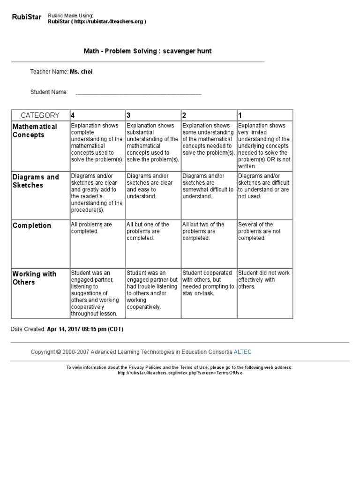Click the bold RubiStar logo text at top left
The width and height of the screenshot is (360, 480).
tap(26, 18)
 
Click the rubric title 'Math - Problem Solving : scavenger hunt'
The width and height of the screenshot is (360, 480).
tap(147, 51)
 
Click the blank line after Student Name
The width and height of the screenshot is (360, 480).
tap(138, 92)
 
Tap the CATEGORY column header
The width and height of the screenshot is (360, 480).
tap(40, 115)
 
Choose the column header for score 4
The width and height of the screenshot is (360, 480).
tap(73, 115)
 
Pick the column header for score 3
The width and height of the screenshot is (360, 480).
tap(129, 115)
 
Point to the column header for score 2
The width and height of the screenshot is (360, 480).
tap(185, 115)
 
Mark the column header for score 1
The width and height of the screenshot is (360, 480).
tap(240, 115)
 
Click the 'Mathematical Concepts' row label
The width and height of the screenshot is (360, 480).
tap(35, 131)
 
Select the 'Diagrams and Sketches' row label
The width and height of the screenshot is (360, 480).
tap(36, 181)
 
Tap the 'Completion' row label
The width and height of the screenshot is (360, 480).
tap(32, 225)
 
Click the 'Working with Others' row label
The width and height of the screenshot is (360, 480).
tap(34, 278)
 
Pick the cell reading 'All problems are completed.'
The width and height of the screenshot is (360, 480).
tap(91, 228)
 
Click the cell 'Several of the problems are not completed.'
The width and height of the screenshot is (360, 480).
tap(259, 231)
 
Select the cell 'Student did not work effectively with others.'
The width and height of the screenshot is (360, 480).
tap(263, 279)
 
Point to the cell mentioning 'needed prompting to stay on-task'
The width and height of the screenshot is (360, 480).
tap(208, 283)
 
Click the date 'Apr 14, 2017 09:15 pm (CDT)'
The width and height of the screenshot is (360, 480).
tap(85, 329)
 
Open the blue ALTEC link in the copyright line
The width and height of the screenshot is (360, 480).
tap(243, 352)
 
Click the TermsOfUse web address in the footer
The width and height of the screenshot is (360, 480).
tap(180, 373)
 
